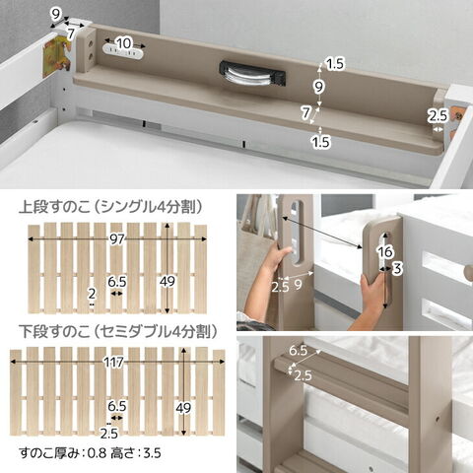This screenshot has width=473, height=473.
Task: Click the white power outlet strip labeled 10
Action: pos(123,52)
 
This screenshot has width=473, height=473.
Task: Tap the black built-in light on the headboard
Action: pos(252,74)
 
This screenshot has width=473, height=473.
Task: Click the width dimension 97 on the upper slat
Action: pos(116,239)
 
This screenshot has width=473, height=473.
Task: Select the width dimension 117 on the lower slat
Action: pos(113,362)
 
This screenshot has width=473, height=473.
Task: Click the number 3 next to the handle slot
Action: pos(397,269)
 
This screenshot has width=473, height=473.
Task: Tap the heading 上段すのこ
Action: pos(54,208)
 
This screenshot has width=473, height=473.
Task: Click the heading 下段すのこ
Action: pos(54,332)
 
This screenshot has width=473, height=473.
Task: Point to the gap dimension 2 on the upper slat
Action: pos(92,294)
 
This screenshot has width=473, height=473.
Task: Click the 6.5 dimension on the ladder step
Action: pos(298,351)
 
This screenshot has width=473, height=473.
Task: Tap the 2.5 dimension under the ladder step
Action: pos(303,375)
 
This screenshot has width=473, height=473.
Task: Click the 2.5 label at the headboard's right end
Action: pos(438,115)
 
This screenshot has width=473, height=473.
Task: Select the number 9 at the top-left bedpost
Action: pos(56,14)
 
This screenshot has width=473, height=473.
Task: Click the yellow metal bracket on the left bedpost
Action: pos(56,56)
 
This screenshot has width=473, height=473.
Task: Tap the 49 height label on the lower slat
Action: pos(183,408)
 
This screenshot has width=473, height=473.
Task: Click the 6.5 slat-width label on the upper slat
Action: pos(117,282)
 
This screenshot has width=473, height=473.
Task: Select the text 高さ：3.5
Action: pos(136,453)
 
